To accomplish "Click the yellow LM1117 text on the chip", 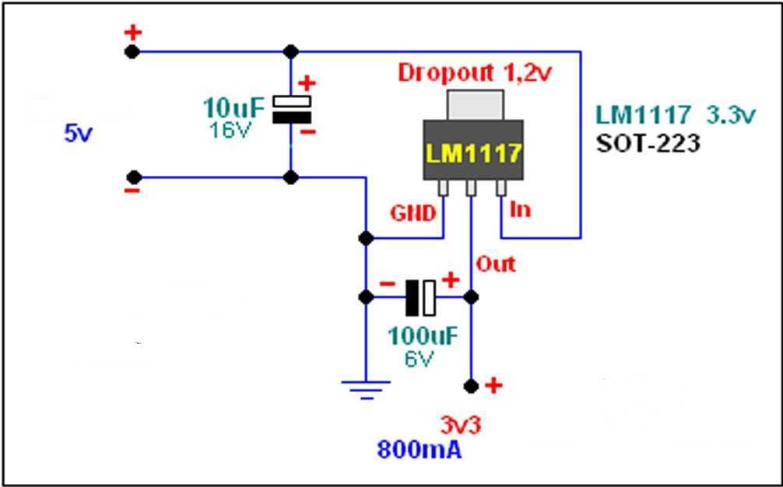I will pyautogui.click(x=472, y=152).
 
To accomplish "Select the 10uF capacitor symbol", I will pyautogui.click(x=291, y=110).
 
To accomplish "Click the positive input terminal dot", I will pyautogui.click(x=133, y=51).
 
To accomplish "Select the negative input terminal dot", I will pyautogui.click(x=133, y=177).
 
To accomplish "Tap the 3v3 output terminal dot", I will pyautogui.click(x=470, y=385).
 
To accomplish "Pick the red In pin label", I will pyautogui.click(x=521, y=209).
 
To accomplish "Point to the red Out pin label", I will pyautogui.click(x=496, y=264).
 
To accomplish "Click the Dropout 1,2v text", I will pyautogui.click(x=475, y=72).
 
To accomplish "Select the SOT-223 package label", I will pyautogui.click(x=648, y=143).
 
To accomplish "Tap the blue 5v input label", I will pyautogui.click(x=78, y=133).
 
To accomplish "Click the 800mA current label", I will pyautogui.click(x=420, y=450).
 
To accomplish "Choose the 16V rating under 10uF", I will pyautogui.click(x=230, y=130).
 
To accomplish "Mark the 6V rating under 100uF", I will pyautogui.click(x=420, y=359).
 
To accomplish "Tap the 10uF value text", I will pyautogui.click(x=232, y=107).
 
